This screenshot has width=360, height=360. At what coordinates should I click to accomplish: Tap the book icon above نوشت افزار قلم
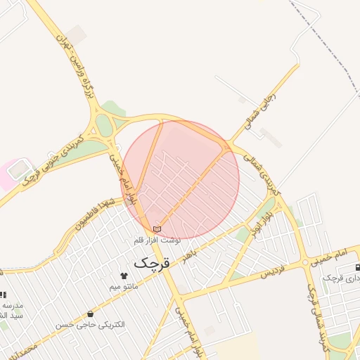pos(157,229)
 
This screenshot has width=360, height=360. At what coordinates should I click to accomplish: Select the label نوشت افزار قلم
pos(157,240)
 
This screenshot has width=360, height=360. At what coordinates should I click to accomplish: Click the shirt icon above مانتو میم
pos(124,276)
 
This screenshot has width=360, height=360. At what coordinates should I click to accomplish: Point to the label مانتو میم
pos(124,287)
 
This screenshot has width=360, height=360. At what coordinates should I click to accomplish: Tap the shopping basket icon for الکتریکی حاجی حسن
pos(90,314)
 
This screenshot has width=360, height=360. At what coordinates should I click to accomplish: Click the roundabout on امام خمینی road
pos(304,262)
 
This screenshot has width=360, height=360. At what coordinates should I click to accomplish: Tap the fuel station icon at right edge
pos(358,267)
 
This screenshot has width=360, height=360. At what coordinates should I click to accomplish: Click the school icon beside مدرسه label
pos(3,295)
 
